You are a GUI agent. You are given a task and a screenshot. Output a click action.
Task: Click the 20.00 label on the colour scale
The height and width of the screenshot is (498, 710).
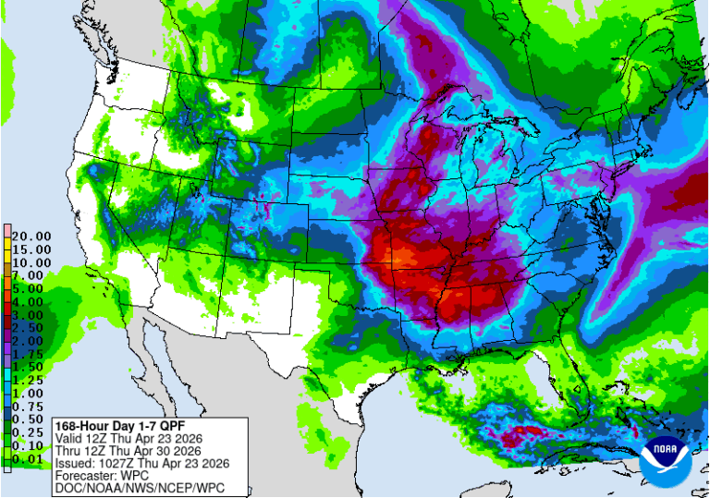(28, 237)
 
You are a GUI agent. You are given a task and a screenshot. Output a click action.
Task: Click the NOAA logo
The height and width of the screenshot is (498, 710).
(666, 455)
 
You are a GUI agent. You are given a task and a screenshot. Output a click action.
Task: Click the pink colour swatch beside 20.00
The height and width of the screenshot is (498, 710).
(6, 230)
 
